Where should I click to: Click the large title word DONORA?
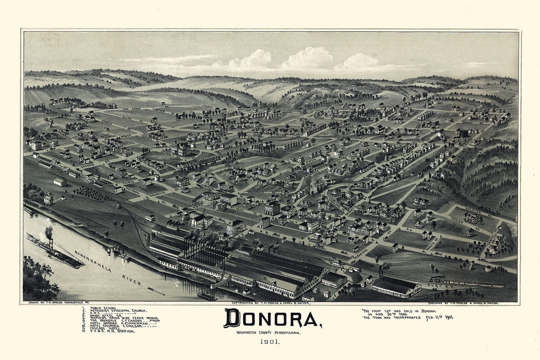click(272, 318)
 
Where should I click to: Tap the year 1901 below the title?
click(269, 342)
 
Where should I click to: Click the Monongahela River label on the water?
click(108, 268)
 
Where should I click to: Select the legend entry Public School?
click(103, 308)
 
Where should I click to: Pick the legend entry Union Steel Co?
click(103, 315)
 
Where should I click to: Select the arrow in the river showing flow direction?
click(155, 290)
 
